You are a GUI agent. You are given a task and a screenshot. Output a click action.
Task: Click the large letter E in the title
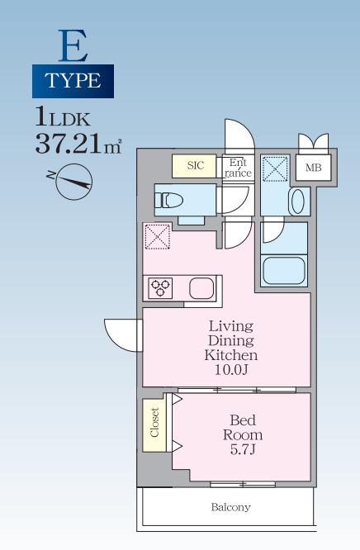click(x=73, y=45)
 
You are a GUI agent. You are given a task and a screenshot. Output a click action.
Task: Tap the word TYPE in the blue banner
click(x=73, y=81)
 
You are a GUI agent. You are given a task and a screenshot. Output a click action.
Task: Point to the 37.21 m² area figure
click(x=78, y=144)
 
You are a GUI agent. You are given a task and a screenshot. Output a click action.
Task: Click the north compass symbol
click(x=72, y=181)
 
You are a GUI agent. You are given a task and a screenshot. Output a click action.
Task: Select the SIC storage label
click(x=196, y=165)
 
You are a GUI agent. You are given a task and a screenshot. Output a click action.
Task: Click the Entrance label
click(x=239, y=168)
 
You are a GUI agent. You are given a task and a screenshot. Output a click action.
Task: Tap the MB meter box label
click(x=313, y=168)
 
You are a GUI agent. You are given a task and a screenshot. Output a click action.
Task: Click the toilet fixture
click(x=169, y=201)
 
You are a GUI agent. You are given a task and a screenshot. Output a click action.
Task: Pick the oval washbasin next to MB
click(x=298, y=202)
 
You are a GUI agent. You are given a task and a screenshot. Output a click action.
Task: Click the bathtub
click(x=284, y=271)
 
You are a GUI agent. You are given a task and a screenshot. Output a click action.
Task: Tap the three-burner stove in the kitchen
click(x=160, y=288)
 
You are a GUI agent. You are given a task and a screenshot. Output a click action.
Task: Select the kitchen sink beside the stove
click(x=201, y=288)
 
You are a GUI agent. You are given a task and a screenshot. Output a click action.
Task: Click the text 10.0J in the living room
click(x=231, y=370)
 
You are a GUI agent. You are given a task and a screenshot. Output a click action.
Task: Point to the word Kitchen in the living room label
click(x=231, y=355)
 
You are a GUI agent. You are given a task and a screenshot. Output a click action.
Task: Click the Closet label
click(x=154, y=422)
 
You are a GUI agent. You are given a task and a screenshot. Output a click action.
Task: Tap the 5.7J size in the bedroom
click(x=243, y=449)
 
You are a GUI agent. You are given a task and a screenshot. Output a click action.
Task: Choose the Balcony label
click(x=231, y=507)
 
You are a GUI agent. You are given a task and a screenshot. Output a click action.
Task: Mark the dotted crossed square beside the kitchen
click(x=158, y=236)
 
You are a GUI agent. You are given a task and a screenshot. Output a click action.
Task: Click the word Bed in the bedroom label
click(x=243, y=420)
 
